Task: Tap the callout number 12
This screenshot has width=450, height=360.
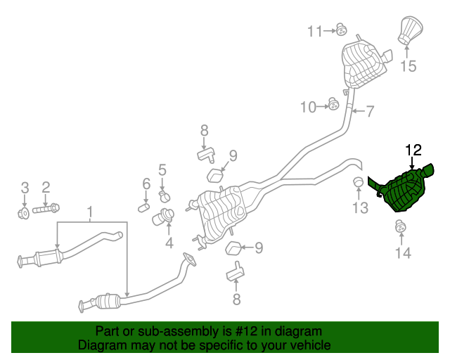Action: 413,150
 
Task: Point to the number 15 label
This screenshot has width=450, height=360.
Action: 409,67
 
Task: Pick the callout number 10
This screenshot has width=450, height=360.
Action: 309,107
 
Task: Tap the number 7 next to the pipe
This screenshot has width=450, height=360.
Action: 370,110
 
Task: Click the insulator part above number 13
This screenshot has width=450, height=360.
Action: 358,184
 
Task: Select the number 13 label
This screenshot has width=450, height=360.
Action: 360,207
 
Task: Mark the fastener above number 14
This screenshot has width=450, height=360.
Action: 401,226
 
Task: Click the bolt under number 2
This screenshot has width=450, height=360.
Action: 46,208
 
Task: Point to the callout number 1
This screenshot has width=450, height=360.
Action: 89,212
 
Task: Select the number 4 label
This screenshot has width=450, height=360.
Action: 169,244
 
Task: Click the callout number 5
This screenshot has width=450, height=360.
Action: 162,169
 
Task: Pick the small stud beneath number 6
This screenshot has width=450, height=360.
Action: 143,206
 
